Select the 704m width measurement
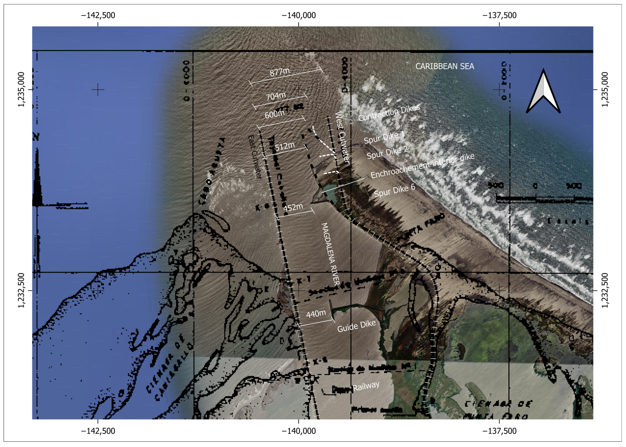(276, 96)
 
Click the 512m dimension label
(285, 146)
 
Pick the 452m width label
(293, 207)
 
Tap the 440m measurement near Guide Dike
(316, 313)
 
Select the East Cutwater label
(254, 157)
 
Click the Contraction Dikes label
(389, 113)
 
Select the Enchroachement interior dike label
(422, 166)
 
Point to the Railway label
(366, 386)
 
